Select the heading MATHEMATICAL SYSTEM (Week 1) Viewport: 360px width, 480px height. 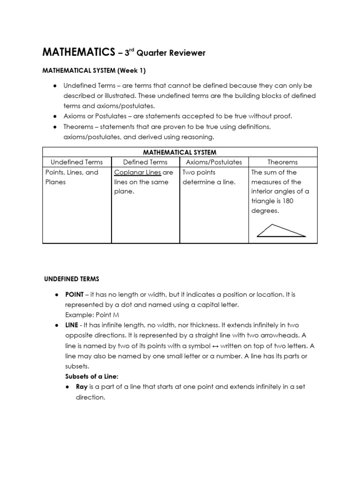[x=94, y=71]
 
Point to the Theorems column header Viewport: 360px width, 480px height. [x=282, y=162]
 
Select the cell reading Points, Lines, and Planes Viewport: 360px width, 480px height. [x=72, y=177]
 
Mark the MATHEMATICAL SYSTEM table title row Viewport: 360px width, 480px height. [x=180, y=152]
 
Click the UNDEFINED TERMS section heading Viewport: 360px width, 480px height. [x=71, y=279]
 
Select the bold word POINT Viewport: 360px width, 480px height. [x=74, y=294]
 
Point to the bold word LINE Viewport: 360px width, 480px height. [x=71, y=324]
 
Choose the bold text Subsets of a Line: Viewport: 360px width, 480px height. [x=91, y=376]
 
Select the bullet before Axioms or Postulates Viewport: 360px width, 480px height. [x=55, y=116]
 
